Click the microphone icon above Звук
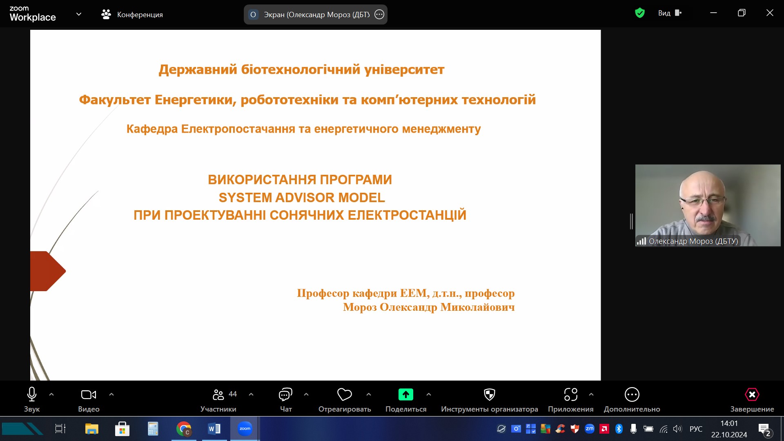(32, 394)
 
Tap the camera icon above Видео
(89, 394)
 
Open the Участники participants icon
(218, 394)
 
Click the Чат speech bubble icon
(285, 394)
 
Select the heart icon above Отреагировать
(345, 394)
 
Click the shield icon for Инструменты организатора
(489, 394)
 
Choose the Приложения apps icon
(571, 394)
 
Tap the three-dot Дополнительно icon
(632, 394)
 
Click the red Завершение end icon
(752, 394)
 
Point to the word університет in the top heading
(404, 70)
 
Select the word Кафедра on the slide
(152, 129)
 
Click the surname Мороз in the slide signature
(360, 307)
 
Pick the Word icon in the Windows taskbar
(214, 429)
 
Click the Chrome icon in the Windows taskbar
(184, 429)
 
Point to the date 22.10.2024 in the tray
(729, 435)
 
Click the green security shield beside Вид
(640, 13)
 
